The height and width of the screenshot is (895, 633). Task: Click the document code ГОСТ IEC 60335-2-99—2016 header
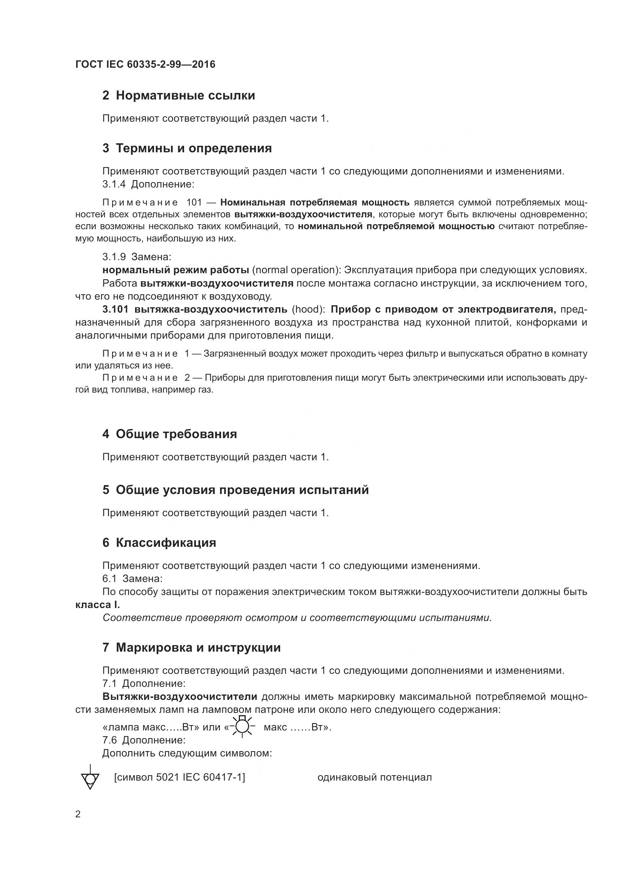145,64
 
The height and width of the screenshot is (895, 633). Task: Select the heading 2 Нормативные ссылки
178,96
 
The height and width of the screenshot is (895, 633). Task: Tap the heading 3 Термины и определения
187,148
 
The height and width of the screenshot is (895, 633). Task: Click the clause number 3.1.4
114,184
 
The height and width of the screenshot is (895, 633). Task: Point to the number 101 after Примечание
194,202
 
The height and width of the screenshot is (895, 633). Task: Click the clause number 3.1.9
114,257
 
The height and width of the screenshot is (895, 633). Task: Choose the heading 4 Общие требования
170,434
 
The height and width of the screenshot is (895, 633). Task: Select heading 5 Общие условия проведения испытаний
235,490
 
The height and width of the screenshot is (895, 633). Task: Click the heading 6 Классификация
159,543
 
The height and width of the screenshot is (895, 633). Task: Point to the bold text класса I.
98,605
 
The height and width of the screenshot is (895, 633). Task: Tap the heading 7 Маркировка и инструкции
191,647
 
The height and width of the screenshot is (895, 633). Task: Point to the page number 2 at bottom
78,814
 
